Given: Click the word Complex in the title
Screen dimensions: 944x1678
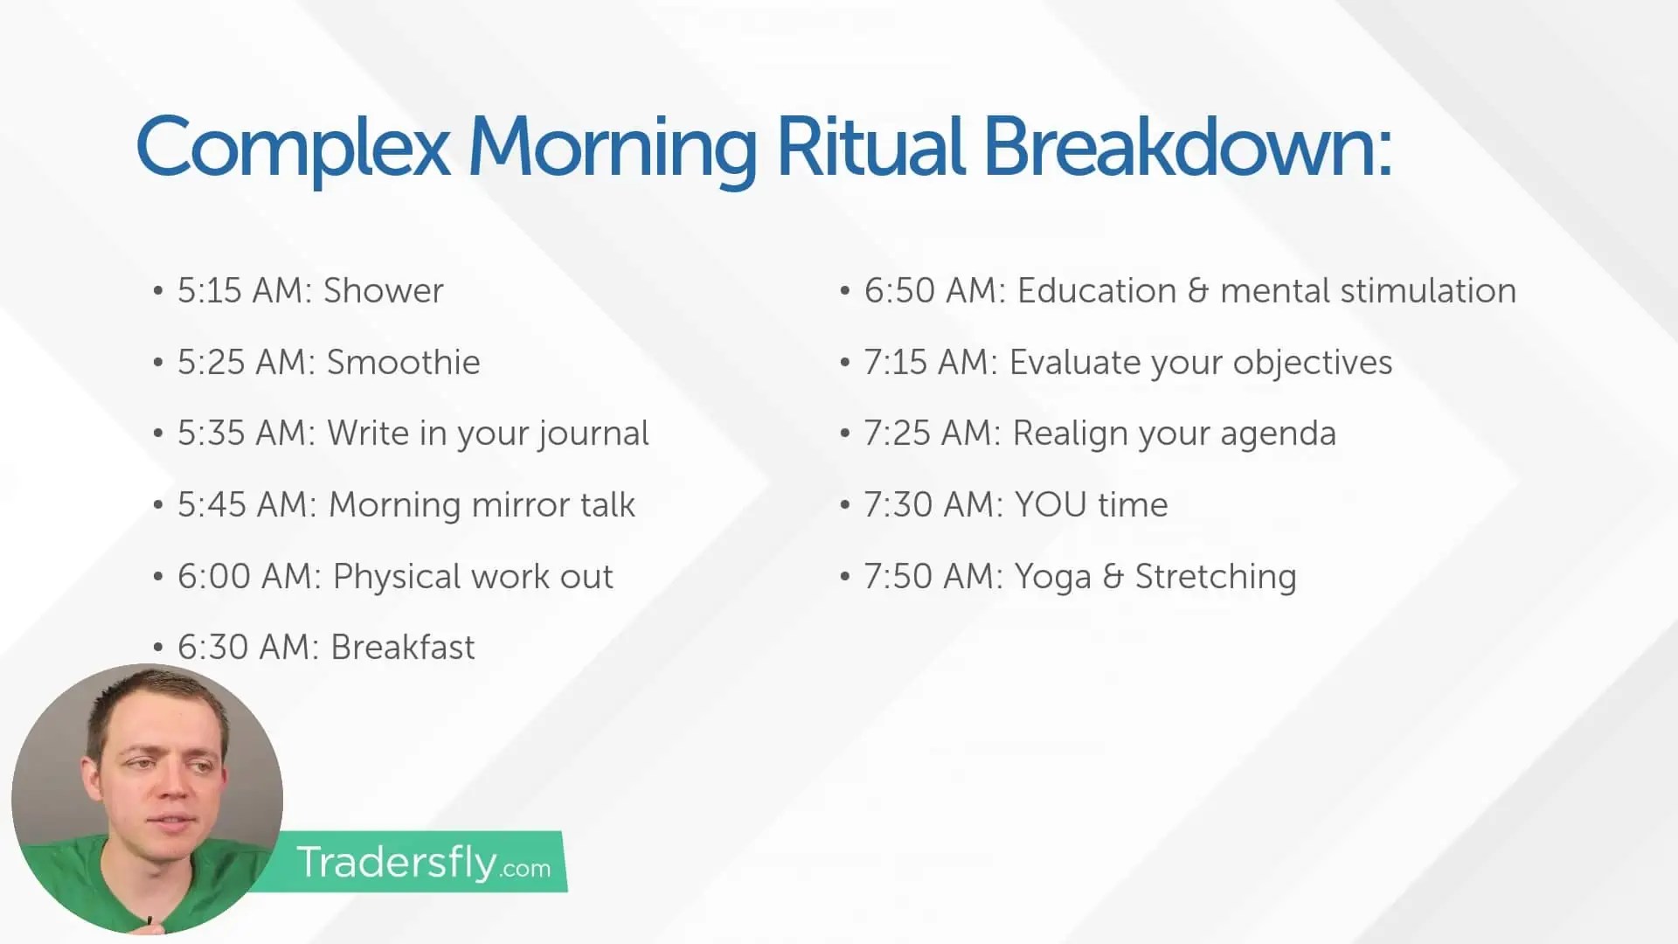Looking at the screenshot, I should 293,147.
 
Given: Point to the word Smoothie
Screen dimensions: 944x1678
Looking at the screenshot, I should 403,363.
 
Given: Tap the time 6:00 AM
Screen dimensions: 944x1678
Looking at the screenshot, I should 249,577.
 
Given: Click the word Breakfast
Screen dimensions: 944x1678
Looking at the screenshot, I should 403,648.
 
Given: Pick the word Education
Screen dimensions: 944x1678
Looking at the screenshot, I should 1096,291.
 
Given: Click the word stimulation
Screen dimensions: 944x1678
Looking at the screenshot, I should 1428,291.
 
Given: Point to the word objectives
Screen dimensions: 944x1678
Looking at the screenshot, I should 1312,363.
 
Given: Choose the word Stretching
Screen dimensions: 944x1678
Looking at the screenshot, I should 1215,577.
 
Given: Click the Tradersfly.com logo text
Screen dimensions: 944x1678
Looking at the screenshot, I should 423,863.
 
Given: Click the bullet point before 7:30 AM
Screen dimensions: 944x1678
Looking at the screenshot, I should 845,505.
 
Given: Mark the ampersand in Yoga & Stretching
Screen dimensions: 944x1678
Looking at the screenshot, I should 1113,577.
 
